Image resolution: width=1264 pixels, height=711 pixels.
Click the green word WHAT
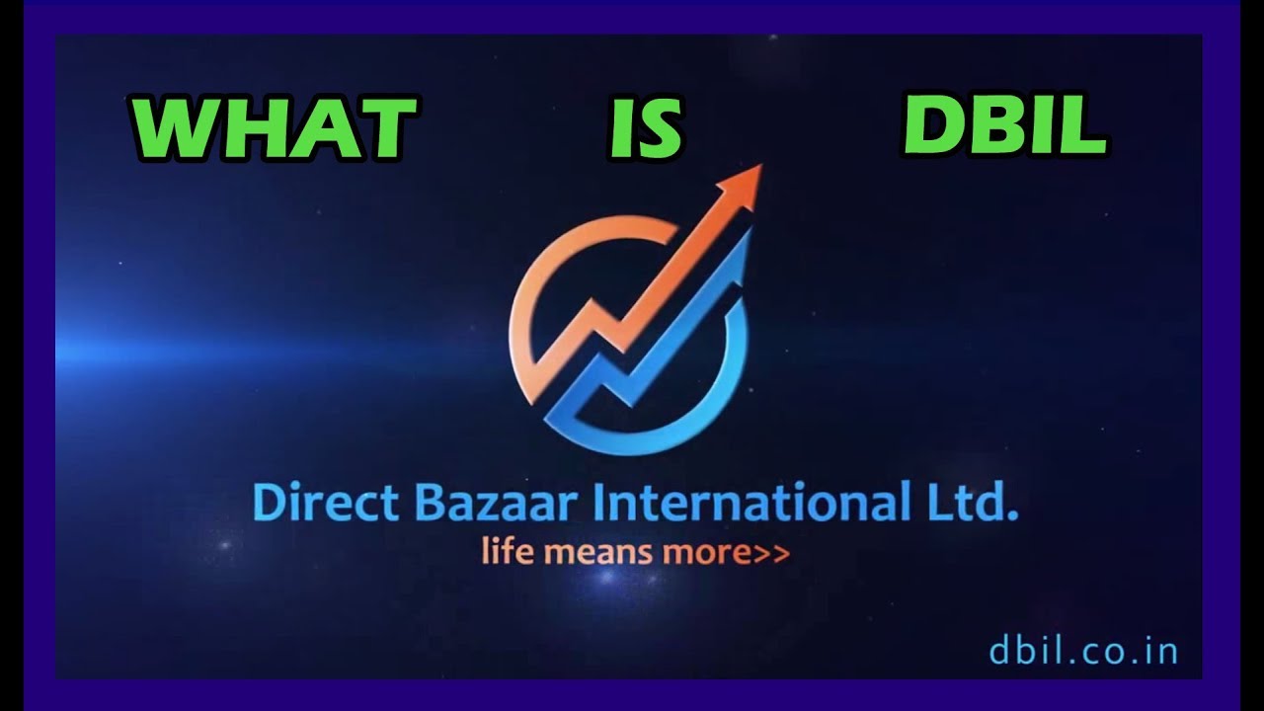(273, 128)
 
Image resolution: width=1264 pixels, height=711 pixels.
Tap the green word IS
(644, 128)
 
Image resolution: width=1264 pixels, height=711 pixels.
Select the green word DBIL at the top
(1004, 126)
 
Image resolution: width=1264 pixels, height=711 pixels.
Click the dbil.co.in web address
(1082, 651)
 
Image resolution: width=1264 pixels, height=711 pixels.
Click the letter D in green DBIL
(934, 126)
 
